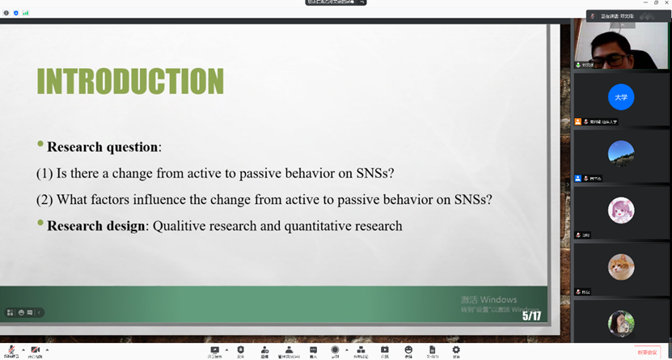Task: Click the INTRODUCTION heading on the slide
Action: [130, 83]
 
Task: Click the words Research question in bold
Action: [102, 147]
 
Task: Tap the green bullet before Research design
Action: [40, 222]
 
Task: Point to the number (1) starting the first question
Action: [44, 173]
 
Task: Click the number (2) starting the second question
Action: [44, 200]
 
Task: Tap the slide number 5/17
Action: [531, 316]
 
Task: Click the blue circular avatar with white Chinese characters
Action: [621, 97]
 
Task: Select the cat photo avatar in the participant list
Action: [621, 267]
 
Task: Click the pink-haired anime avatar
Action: [621, 210]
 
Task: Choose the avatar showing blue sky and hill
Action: [621, 154]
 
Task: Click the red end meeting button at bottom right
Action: [648, 352]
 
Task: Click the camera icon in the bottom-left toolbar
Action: [36, 349]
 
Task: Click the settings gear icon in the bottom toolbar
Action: [456, 349]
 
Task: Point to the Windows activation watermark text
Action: [488, 300]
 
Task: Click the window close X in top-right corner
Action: [663, 4]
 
